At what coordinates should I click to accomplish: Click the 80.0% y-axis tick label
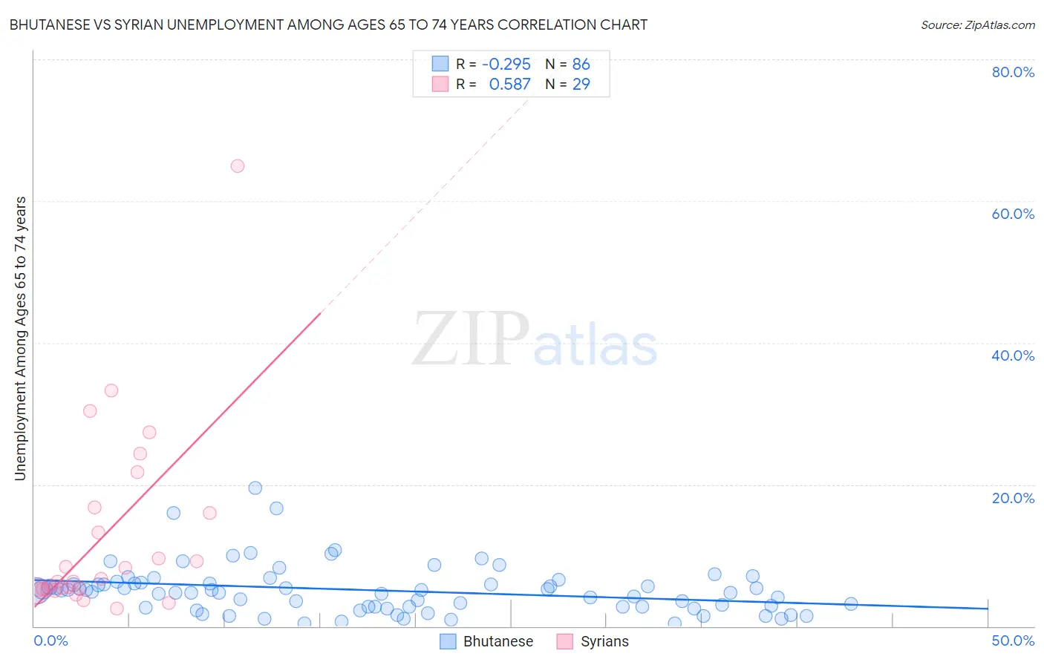pos(1013,72)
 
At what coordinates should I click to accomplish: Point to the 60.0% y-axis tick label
pos(1013,214)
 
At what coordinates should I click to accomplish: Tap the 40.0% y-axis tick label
pos(1013,355)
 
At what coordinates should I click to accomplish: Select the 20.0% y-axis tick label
pos(1013,498)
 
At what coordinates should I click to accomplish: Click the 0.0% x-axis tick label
pos(50,640)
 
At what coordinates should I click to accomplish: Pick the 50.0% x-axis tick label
pos(1013,640)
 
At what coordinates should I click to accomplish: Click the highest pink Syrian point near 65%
pos(238,166)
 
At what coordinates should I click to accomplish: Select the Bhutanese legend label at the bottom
pos(498,641)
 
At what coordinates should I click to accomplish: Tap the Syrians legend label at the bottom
pos(604,641)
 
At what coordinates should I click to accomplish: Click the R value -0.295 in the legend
pos(506,65)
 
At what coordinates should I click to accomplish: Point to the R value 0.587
pos(509,85)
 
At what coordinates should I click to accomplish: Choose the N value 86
pos(581,65)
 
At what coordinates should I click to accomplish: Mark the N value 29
pos(581,85)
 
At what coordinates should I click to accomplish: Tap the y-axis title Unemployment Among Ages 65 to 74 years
pos(20,338)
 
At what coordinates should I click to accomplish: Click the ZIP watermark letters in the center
pos(471,340)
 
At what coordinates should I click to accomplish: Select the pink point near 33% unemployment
pos(111,390)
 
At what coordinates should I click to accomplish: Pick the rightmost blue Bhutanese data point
pos(851,604)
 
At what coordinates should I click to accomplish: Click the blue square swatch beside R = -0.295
pos(440,64)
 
